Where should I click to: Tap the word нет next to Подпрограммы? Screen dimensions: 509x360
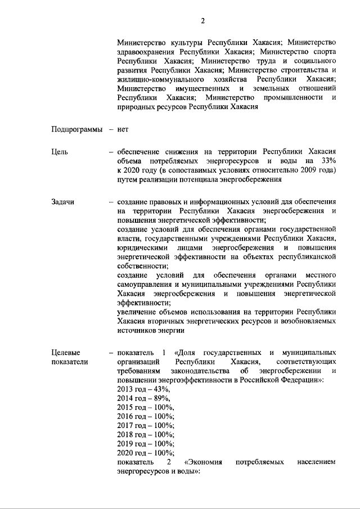pos(123,129)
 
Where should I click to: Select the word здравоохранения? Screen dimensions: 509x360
pos(147,52)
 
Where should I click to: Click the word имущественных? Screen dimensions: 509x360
pos(204,88)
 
